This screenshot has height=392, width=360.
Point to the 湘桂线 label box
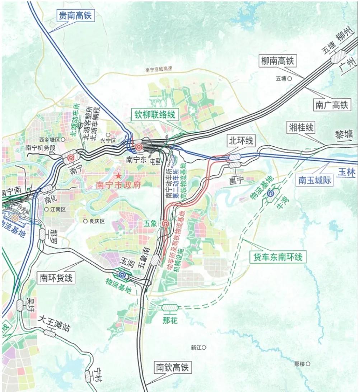301,127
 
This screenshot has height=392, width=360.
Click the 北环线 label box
240,141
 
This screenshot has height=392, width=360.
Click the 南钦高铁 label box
172,367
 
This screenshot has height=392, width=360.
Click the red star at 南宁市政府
118,176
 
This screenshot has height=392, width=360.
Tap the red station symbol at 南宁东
139,147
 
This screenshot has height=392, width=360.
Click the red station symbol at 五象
165,224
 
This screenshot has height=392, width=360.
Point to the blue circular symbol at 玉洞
122,275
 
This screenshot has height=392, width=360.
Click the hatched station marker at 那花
170,307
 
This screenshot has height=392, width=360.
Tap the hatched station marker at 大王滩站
50,333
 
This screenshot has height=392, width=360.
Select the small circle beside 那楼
308,364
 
